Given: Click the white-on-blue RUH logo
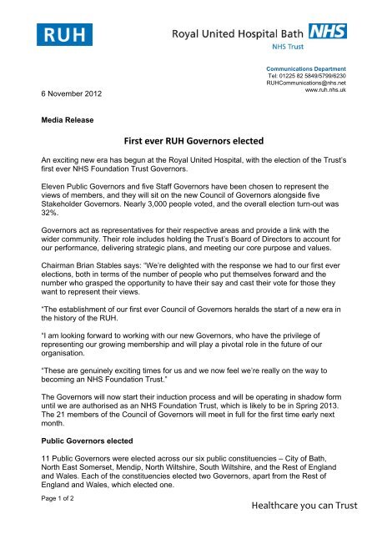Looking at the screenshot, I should [63, 34].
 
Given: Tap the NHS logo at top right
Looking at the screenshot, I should [327, 33].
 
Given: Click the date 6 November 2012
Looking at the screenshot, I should [72, 94].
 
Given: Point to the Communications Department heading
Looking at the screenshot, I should [313, 68].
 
